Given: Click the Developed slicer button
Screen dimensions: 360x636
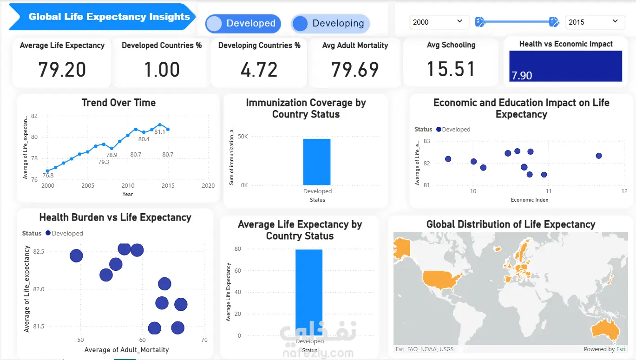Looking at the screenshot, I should click(x=243, y=24).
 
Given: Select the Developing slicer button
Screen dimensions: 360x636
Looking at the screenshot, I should click(x=330, y=24).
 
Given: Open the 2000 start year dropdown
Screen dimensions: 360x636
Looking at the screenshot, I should click(x=436, y=22).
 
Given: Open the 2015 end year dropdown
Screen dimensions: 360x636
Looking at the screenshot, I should click(x=595, y=22).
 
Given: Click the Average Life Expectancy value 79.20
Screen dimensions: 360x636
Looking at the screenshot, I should click(x=62, y=70).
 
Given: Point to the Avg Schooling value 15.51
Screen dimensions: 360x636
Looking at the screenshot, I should click(x=451, y=70).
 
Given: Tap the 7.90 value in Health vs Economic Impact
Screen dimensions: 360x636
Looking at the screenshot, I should click(x=522, y=76).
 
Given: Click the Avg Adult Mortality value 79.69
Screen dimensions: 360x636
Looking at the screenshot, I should click(x=355, y=70).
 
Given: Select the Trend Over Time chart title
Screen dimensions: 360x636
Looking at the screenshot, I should click(x=118, y=103).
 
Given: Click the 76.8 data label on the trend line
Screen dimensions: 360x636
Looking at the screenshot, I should click(x=48, y=176).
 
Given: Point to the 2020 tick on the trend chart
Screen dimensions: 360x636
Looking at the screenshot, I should click(x=208, y=186).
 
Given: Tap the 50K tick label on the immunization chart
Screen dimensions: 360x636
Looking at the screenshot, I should click(x=243, y=137).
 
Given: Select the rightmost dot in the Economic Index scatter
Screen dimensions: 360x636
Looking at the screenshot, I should click(x=599, y=156).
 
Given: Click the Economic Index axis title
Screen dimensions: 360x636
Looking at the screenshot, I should click(x=529, y=200).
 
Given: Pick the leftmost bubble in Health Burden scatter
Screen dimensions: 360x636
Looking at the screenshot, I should click(x=76, y=256).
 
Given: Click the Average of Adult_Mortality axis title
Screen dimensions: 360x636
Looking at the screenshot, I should click(x=126, y=350).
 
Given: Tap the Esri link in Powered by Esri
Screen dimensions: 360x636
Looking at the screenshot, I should click(x=621, y=349).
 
